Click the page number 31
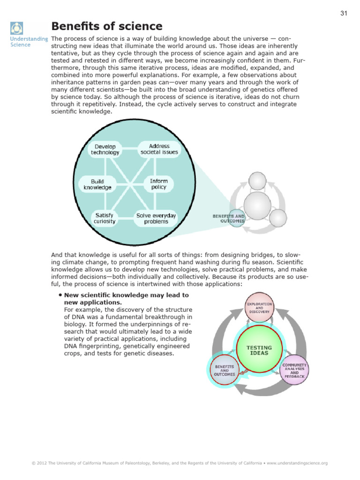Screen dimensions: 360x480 point(343,13)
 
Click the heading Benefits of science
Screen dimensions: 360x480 point(107,26)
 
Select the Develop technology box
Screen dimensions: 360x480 point(105,149)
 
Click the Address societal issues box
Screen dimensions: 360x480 point(159,149)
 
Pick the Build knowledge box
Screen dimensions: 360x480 point(97,184)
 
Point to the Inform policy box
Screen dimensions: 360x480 point(159,184)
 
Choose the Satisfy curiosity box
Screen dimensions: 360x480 point(104,218)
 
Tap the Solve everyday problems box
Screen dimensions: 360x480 point(156,218)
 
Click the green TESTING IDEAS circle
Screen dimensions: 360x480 point(259,350)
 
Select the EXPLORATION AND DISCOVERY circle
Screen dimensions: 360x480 point(259,307)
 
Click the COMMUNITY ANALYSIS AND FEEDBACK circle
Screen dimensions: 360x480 point(294,370)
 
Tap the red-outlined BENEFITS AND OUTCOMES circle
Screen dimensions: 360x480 point(225,371)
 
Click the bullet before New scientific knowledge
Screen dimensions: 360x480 point(60,295)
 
